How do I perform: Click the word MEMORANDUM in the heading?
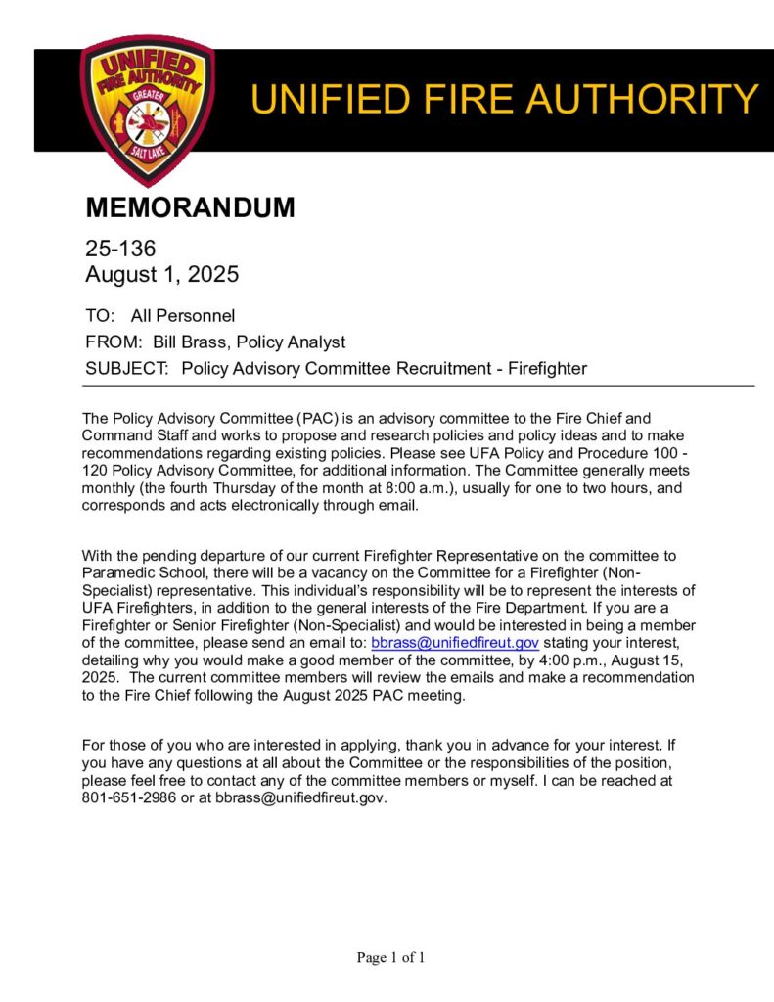coord(190,207)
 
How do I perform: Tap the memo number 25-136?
coord(120,250)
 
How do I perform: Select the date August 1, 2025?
coord(161,275)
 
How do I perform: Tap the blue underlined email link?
coord(455,643)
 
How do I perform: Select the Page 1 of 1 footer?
coord(390,957)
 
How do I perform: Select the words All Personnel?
coord(183,316)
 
